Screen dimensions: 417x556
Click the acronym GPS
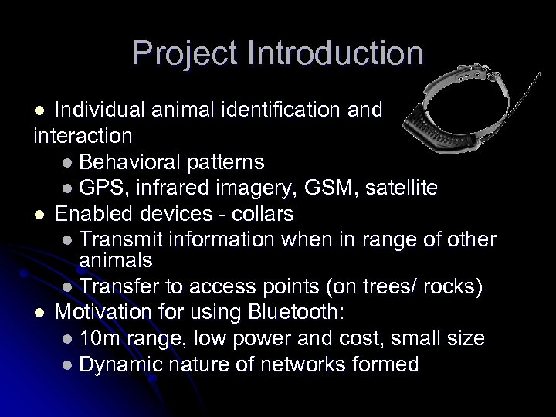pyautogui.click(x=102, y=188)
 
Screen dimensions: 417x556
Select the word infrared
pyautogui.click(x=182, y=188)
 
